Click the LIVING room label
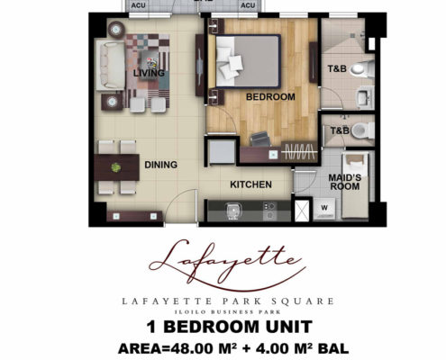tap(149, 73)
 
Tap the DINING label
tap(160, 165)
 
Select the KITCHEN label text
tap(250, 184)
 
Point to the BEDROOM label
tap(270, 97)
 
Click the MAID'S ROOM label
tap(345, 182)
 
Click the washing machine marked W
tap(324, 208)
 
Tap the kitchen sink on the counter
tap(232, 211)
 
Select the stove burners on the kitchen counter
tap(269, 211)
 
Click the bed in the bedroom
tap(248, 61)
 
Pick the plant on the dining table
tap(116, 167)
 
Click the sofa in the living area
tap(110, 66)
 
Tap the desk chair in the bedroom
tap(260, 139)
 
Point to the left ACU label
tap(138, 5)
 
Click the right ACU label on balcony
tap(248, 5)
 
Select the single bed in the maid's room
tap(356, 185)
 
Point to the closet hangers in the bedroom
tap(299, 152)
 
